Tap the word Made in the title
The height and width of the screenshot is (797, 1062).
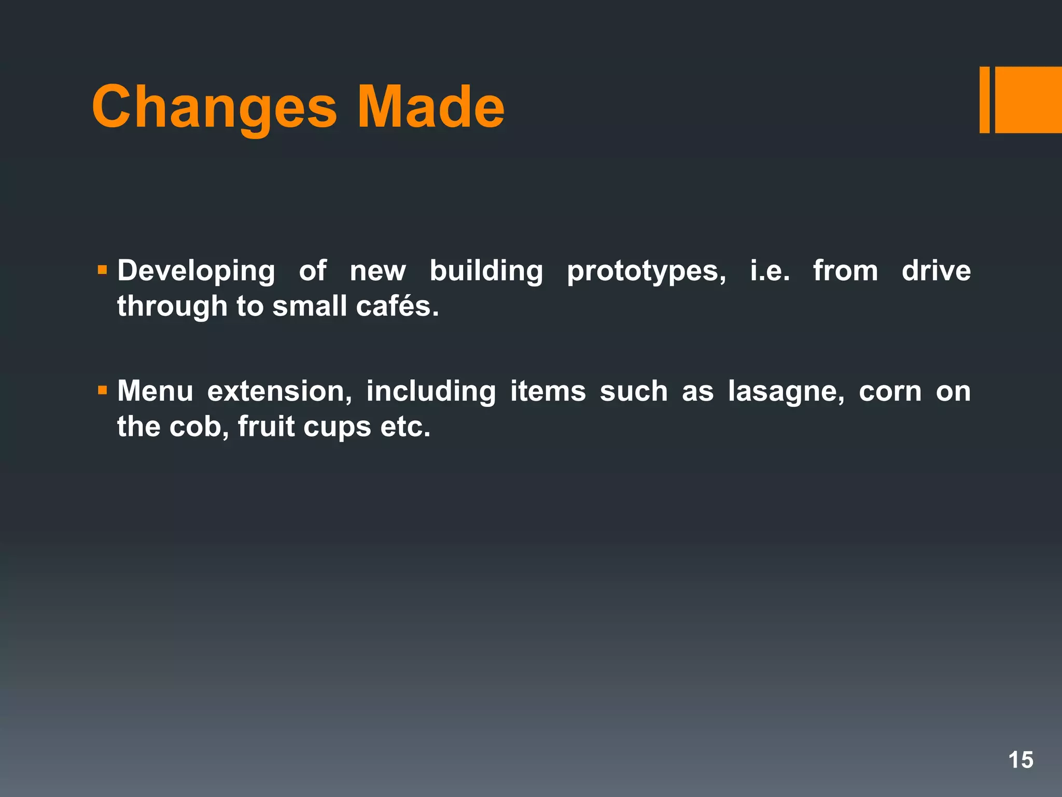(x=430, y=107)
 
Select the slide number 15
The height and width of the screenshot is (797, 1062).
(x=1021, y=760)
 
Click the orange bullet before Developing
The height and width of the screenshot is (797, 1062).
(x=102, y=270)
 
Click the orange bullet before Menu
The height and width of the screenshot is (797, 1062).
(x=102, y=390)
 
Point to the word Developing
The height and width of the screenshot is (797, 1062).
(x=196, y=271)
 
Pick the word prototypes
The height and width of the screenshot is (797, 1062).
(x=646, y=271)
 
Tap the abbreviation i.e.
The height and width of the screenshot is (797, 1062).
(x=770, y=270)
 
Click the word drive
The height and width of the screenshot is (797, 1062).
(x=936, y=270)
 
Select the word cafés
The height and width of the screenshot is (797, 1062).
(x=397, y=306)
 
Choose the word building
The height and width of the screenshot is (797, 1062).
(x=486, y=271)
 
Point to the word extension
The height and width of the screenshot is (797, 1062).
(x=280, y=391)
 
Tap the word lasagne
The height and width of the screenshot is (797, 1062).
(x=786, y=392)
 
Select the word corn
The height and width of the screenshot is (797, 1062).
(x=890, y=392)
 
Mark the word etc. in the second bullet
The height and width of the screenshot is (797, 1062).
(x=405, y=427)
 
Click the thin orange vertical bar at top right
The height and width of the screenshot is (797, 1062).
(x=984, y=100)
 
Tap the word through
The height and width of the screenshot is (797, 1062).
(x=172, y=307)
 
